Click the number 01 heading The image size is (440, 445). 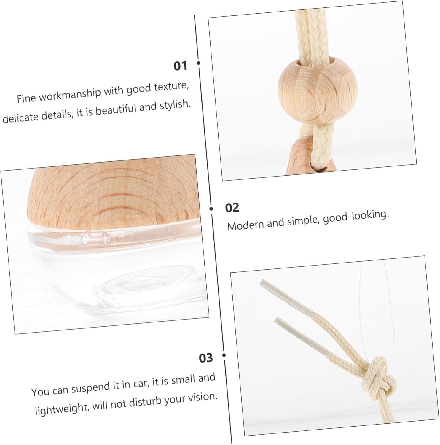click(181, 66)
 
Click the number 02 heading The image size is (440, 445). click(232, 208)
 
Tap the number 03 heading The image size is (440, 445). click(206, 358)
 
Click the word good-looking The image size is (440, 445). click(356, 217)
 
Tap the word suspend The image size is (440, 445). click(88, 388)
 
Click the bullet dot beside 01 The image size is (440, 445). click(198, 63)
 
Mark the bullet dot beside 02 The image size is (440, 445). click(211, 209)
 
